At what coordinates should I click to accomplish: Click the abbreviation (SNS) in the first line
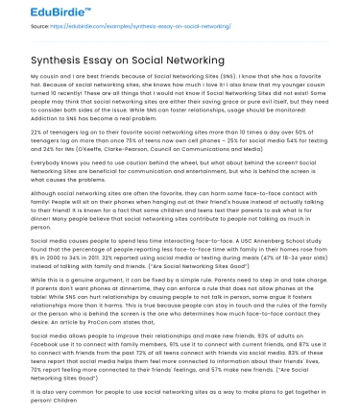click(x=228, y=74)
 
